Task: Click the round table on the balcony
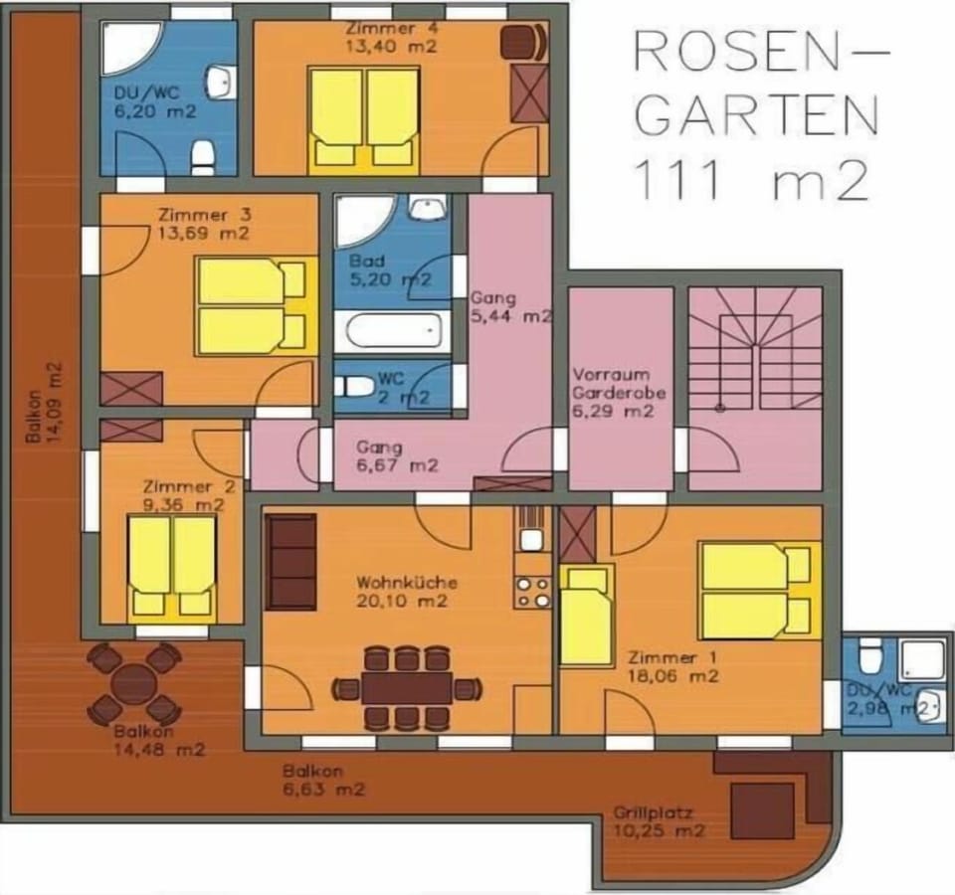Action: pos(134,683)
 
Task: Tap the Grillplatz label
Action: pos(654,812)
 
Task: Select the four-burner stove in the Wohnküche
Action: pos(532,591)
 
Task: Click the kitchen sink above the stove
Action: pos(532,539)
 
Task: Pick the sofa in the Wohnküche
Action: pos(291,561)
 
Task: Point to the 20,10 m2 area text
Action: pos(402,601)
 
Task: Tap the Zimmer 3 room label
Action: pos(205,215)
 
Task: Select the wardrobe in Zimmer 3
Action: pos(131,389)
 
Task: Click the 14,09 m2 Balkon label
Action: pos(45,403)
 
